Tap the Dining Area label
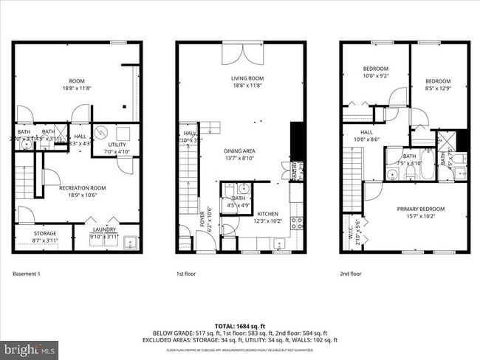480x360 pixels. [x=240, y=151]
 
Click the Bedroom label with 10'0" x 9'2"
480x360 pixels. [x=374, y=71]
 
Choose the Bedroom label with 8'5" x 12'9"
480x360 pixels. [x=438, y=83]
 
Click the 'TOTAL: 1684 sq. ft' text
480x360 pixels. [x=239, y=325]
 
